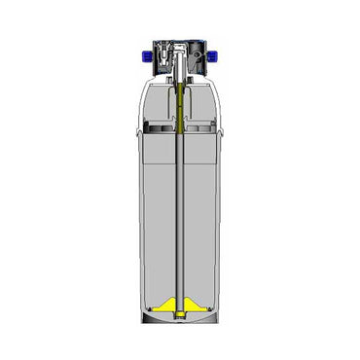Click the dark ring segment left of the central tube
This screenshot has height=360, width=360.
[159, 127]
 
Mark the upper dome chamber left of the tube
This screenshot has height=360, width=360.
[156, 105]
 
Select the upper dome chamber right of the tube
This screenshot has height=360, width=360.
[206, 105]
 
